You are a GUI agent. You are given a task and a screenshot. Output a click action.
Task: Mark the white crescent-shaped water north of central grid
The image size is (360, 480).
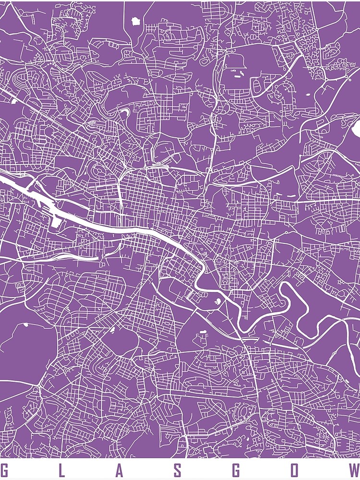tap(124, 113)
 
